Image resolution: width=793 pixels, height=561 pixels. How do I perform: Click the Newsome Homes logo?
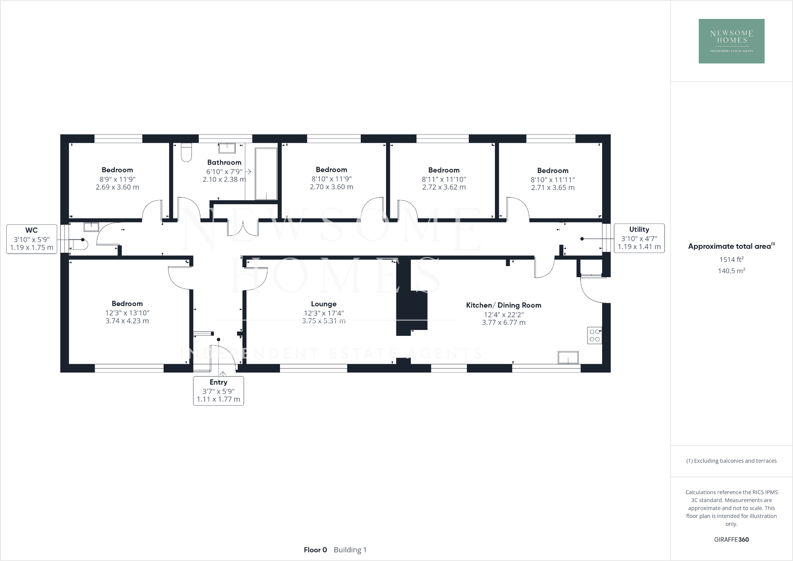pyautogui.click(x=731, y=41)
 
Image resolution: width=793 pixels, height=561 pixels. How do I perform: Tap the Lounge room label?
pyautogui.click(x=323, y=304)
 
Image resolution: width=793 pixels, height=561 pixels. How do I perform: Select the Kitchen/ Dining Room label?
pyautogui.click(x=503, y=305)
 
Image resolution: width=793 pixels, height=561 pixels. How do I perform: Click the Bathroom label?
pyautogui.click(x=224, y=162)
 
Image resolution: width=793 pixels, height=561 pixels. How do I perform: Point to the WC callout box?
pyautogui.click(x=32, y=239)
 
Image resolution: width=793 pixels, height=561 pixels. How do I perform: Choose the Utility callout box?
pyautogui.click(x=639, y=238)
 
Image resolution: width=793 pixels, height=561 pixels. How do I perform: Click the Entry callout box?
pyautogui.click(x=218, y=391)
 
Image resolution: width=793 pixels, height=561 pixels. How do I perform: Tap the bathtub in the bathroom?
pyautogui.click(x=266, y=174)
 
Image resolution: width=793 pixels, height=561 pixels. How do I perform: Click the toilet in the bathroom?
pyautogui.click(x=186, y=153)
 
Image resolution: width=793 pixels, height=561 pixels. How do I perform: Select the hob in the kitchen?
pyautogui.click(x=595, y=335)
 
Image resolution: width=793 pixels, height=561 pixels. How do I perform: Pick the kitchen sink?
pyautogui.click(x=568, y=358)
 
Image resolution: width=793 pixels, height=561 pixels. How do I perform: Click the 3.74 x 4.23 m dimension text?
pyautogui.click(x=127, y=321)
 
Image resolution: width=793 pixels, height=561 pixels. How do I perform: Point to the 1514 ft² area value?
pyautogui.click(x=731, y=259)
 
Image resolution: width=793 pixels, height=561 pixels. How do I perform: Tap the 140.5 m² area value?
pyautogui.click(x=731, y=271)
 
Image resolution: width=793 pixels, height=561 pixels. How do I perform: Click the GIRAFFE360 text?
pyautogui.click(x=731, y=540)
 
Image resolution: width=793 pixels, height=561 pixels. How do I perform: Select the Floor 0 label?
pyautogui.click(x=315, y=550)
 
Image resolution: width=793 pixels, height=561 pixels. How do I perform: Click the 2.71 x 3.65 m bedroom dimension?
pyautogui.click(x=552, y=188)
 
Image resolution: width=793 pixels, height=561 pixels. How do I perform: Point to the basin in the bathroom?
pyautogui.click(x=227, y=148)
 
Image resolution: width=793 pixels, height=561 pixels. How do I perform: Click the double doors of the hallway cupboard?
pyautogui.click(x=243, y=228)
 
